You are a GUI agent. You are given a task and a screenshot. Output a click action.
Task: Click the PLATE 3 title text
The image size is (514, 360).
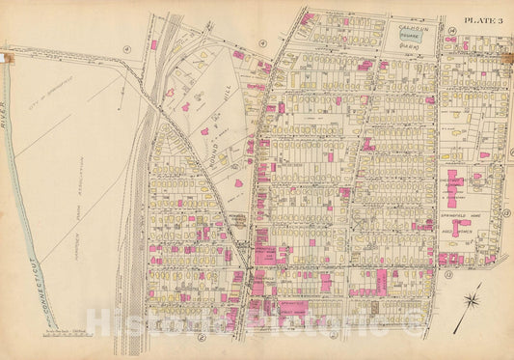[482, 17]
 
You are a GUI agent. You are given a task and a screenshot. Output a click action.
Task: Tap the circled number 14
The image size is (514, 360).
[451, 31]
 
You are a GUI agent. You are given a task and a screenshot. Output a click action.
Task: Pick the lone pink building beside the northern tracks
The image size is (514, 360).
[153, 43]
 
